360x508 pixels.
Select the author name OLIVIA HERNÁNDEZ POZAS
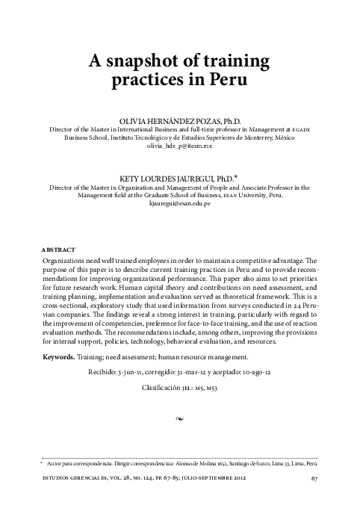tap(160, 120)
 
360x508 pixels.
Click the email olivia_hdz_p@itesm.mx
tap(180, 147)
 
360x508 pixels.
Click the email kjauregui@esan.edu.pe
tap(180, 203)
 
